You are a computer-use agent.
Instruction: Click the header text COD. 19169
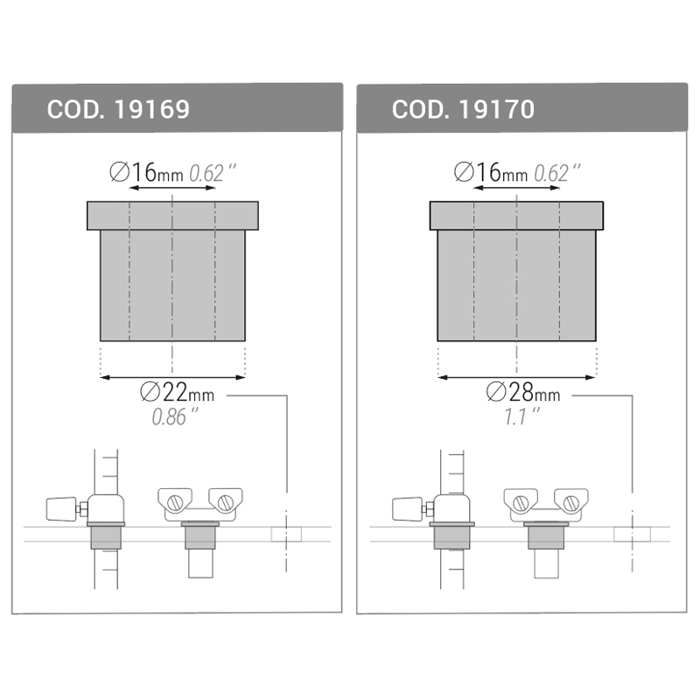(118, 109)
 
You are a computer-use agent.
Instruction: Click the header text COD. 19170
(463, 109)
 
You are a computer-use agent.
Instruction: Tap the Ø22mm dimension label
(175, 395)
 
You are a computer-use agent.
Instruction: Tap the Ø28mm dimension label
(522, 395)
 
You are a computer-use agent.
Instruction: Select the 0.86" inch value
(175, 417)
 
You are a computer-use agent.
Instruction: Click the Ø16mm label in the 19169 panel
(146, 172)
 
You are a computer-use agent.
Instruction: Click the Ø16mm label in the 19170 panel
(490, 172)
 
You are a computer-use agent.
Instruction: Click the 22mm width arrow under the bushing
(172, 377)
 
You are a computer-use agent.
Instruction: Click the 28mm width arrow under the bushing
(516, 377)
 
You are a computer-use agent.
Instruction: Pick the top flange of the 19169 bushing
(172, 215)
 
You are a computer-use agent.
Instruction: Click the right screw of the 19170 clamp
(570, 502)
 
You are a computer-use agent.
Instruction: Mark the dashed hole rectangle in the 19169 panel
(286, 533)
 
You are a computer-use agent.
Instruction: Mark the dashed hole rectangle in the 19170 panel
(631, 533)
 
